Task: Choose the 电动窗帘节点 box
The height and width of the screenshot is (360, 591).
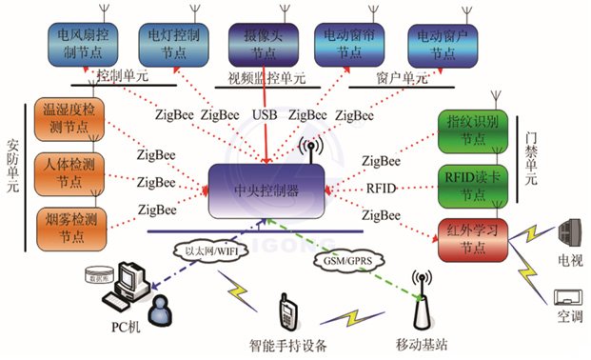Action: click(x=348, y=42)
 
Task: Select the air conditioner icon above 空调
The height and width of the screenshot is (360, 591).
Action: click(x=569, y=296)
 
